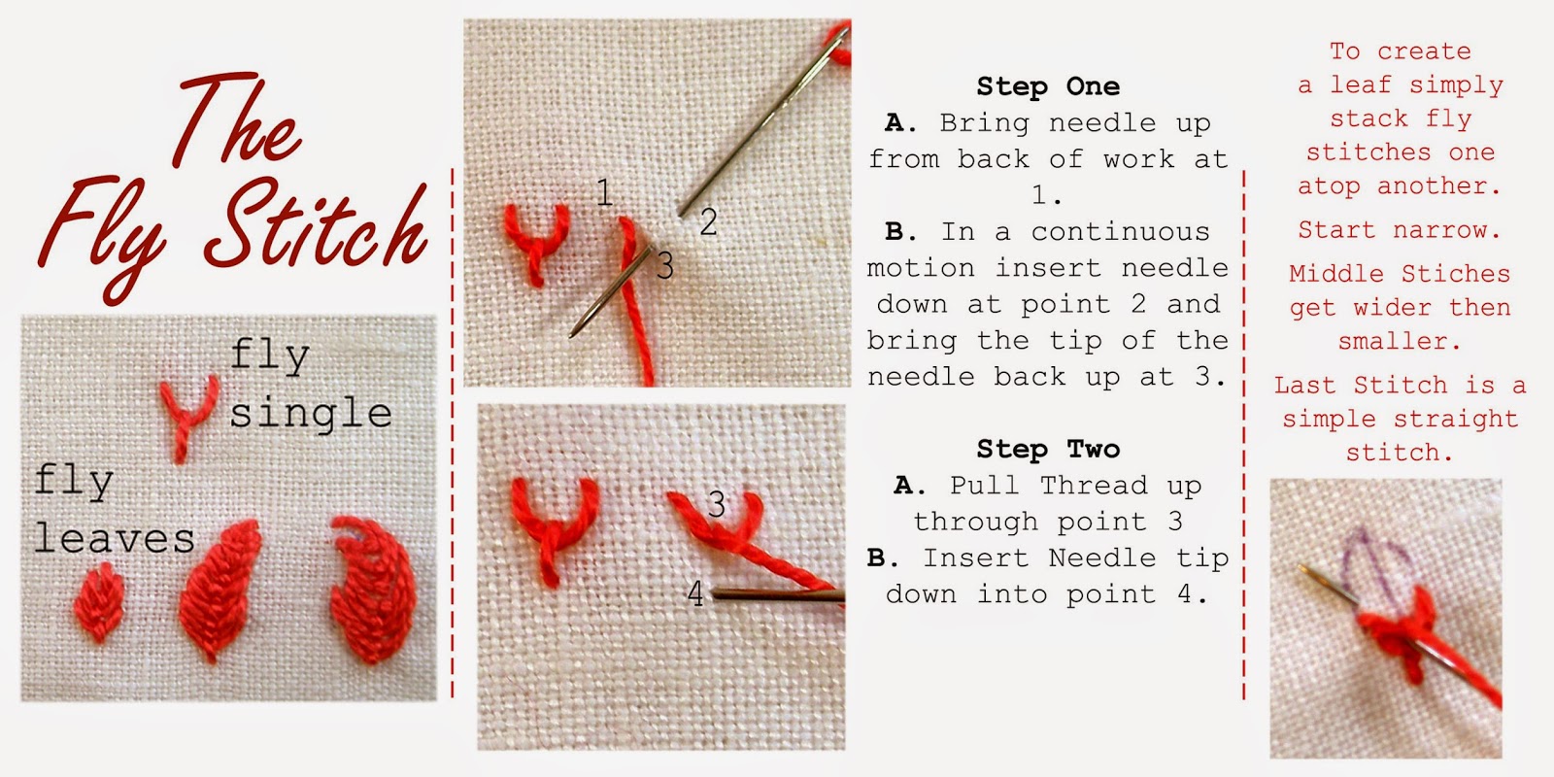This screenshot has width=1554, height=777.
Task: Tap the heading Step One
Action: tap(1048, 86)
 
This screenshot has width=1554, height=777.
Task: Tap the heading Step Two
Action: tap(1048, 449)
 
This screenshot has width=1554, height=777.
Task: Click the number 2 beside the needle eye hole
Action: tap(708, 223)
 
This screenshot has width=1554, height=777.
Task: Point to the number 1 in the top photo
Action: tap(604, 192)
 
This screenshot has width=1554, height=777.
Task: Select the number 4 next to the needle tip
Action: tap(695, 593)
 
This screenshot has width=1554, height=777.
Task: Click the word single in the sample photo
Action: tap(311, 415)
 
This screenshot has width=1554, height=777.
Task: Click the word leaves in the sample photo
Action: tap(114, 538)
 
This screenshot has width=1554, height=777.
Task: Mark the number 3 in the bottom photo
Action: tap(717, 504)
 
